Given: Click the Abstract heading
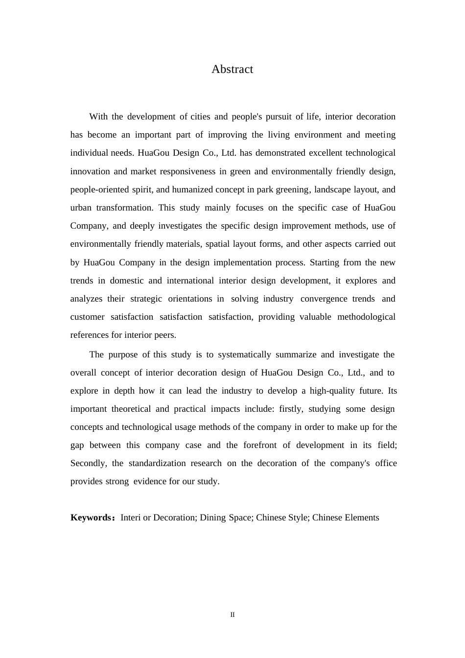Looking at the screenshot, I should pyautogui.click(x=232, y=69).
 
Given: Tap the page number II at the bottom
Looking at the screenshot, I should pyautogui.click(x=232, y=615).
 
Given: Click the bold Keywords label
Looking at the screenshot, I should pyautogui.click(x=92, y=517).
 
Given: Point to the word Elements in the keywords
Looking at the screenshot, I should pyautogui.click(x=363, y=517).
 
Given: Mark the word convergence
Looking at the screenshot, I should pyautogui.click(x=324, y=299).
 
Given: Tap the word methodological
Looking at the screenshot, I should pyautogui.click(x=366, y=317).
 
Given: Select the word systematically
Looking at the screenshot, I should pyautogui.click(x=244, y=354).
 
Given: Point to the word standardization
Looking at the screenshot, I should pyautogui.click(x=157, y=463).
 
